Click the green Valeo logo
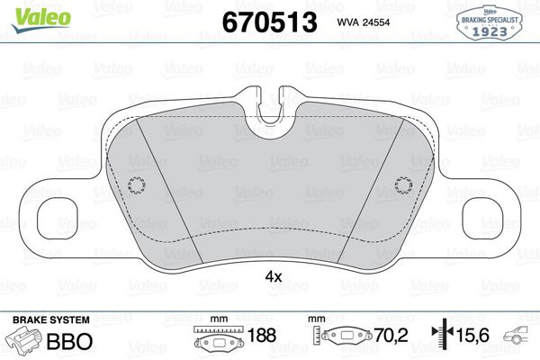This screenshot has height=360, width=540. click(x=41, y=19)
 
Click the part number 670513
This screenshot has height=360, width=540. click(x=269, y=22)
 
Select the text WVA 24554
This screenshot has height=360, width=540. click(x=364, y=22)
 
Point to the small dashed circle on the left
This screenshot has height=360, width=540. click(x=137, y=185)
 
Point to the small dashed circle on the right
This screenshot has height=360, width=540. click(x=403, y=185)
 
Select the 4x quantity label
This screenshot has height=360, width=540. click(x=274, y=276)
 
